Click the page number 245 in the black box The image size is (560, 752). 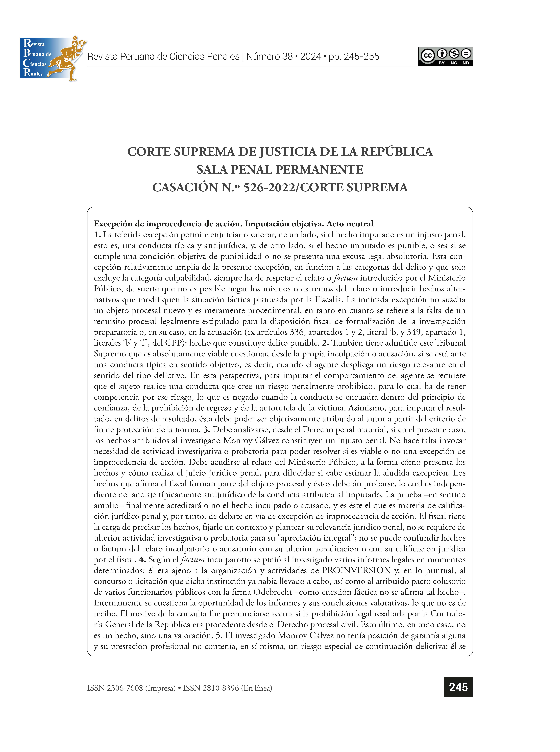point(458,687)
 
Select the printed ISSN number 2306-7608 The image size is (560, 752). point(125,688)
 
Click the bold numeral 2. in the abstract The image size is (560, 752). point(325,343)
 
